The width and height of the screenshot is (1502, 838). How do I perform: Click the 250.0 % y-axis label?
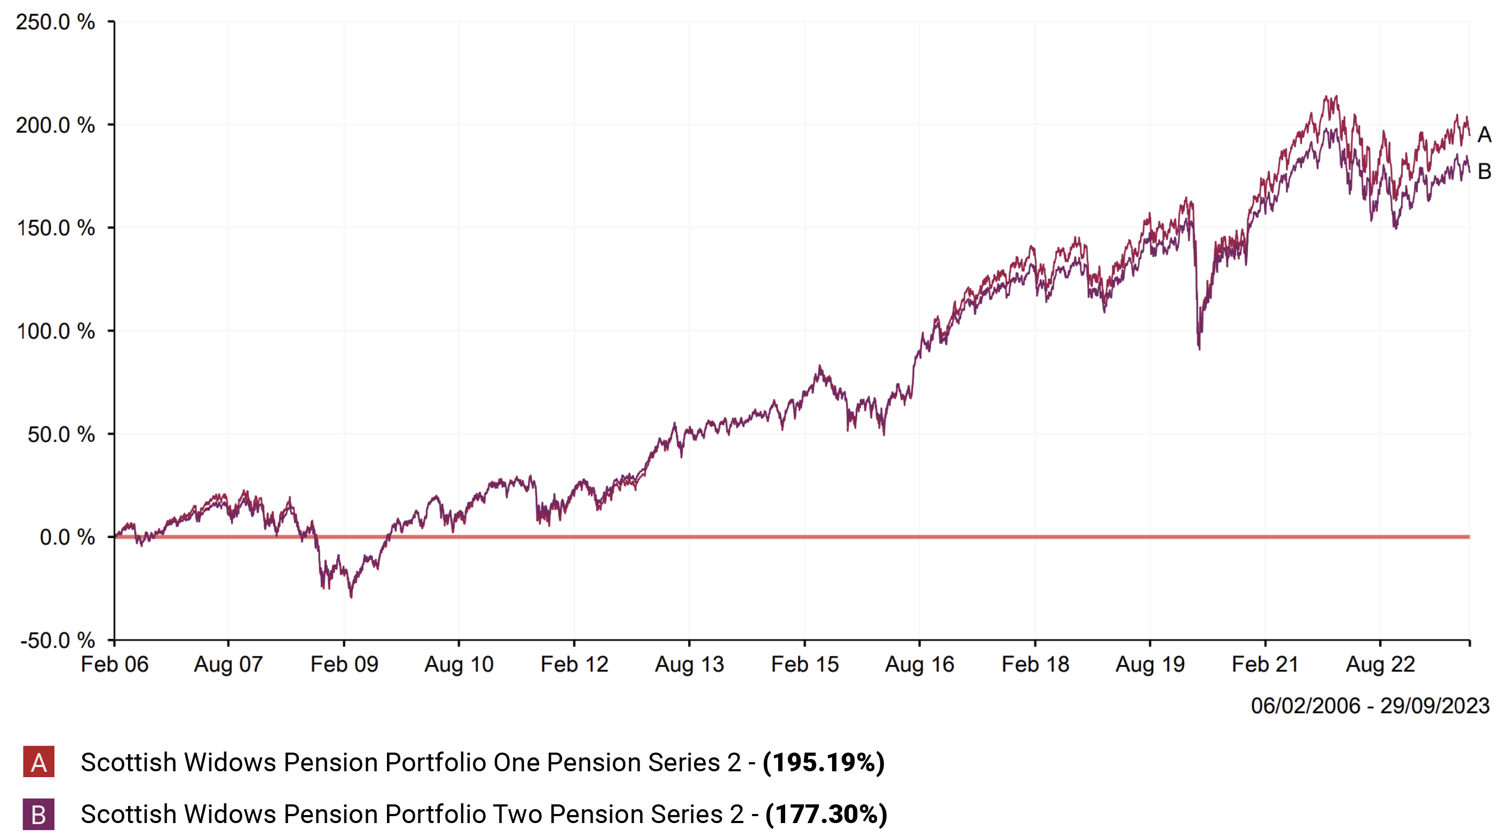[56, 22]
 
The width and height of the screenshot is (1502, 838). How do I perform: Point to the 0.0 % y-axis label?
[67, 537]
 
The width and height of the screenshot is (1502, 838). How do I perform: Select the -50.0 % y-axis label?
[57, 641]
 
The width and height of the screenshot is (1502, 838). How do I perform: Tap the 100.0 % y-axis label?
[56, 331]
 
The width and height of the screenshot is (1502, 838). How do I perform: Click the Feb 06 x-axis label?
[114, 664]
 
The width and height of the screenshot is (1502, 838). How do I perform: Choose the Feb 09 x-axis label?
[344, 664]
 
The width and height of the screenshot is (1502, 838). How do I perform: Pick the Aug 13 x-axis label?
[689, 664]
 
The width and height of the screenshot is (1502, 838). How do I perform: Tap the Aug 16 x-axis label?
[920, 664]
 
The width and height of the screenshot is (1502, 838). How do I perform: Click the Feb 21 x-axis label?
[1264, 664]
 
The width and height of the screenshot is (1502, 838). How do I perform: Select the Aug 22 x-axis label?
[1380, 664]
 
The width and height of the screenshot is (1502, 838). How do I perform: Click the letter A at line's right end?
[1484, 135]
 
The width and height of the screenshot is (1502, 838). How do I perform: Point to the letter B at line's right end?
[1484, 171]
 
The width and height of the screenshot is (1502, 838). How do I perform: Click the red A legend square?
[38, 762]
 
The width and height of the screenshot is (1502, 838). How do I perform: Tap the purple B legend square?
[38, 814]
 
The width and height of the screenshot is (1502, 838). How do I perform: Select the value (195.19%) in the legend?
[823, 762]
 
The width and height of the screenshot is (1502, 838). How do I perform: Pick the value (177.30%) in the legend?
[826, 814]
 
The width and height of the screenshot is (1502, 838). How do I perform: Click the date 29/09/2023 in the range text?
[1435, 706]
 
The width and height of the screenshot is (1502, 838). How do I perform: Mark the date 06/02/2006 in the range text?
[1306, 706]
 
